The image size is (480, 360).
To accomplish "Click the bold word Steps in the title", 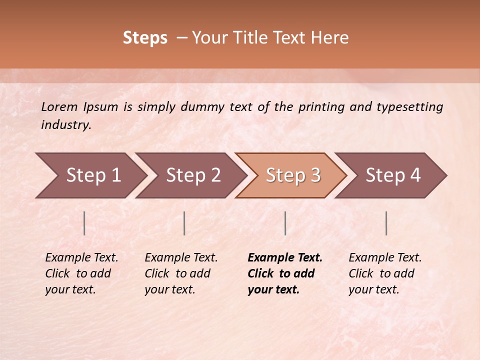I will [x=145, y=38].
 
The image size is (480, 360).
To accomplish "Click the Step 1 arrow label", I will [x=93, y=175].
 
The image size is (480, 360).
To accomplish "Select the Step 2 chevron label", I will [x=193, y=175].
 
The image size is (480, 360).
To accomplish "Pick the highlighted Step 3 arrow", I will [x=293, y=175].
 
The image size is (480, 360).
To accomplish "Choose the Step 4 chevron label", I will [x=393, y=175].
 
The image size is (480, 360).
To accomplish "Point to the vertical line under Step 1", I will [x=84, y=223].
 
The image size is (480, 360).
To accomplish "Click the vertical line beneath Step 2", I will [x=184, y=223].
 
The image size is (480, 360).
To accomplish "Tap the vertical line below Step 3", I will [x=285, y=223].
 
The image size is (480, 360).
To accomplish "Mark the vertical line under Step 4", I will [x=386, y=223].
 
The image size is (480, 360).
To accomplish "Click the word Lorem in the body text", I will [x=59, y=106].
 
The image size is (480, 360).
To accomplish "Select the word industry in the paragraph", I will [x=66, y=124].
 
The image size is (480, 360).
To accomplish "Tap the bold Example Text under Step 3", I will [x=285, y=257].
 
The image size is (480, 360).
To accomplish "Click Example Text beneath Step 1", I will [x=81, y=257].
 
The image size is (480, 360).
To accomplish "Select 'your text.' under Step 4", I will [x=373, y=289].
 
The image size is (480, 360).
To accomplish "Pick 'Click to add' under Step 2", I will [x=177, y=273].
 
